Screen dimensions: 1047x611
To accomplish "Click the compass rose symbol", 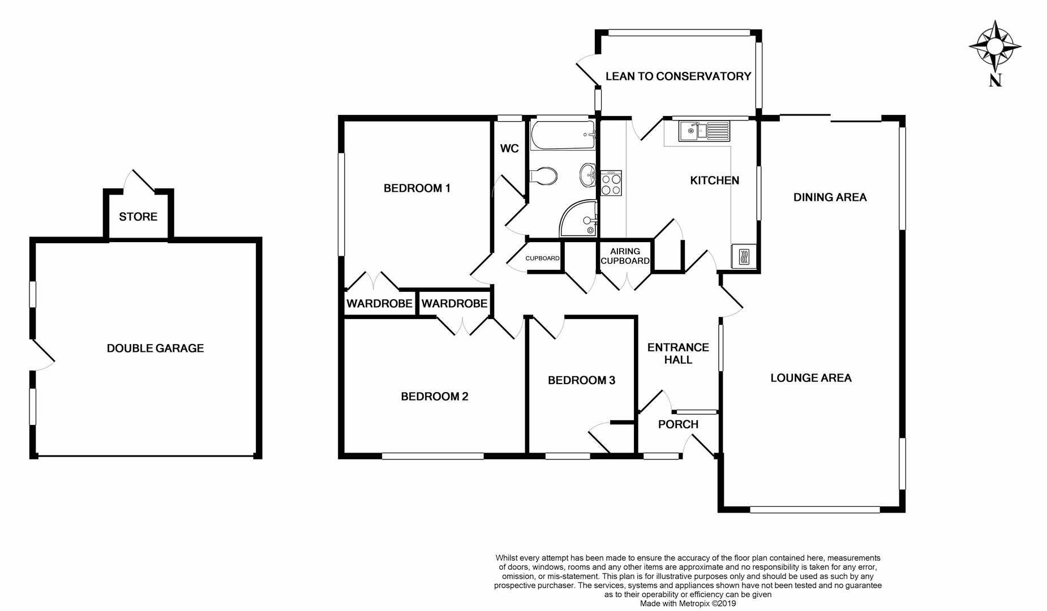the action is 995,45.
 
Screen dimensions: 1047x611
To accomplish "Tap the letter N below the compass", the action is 995,80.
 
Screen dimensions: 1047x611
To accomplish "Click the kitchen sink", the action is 705,131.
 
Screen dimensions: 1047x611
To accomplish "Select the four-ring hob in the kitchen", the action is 611,183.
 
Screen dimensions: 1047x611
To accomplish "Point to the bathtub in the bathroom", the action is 563,135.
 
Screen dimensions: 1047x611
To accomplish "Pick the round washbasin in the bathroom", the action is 587,175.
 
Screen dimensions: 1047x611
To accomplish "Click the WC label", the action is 509,149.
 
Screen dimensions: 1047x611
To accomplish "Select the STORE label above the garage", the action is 138,217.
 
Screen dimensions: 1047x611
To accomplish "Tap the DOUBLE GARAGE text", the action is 155,348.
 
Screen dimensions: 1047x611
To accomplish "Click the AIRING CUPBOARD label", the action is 625,256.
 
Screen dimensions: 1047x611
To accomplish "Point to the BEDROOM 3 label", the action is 581,381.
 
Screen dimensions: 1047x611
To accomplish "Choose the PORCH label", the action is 678,424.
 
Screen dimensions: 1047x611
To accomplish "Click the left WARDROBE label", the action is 379,304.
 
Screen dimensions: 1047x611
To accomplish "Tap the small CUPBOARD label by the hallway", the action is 542,259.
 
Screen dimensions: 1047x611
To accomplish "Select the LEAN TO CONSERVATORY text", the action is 678,76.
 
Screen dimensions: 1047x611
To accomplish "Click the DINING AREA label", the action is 830,197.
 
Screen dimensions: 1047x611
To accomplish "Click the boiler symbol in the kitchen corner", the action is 744,256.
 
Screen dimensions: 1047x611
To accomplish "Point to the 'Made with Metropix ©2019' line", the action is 688,604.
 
